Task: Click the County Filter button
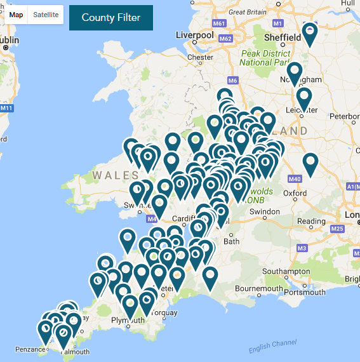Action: coord(111,17)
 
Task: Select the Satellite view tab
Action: coord(46,15)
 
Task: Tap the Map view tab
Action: coord(16,15)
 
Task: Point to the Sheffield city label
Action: coord(282,37)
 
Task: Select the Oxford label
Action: coord(295,193)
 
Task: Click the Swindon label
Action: coord(264,211)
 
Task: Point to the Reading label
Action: coord(311,222)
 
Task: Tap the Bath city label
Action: coord(232,241)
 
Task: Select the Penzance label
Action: coord(31,349)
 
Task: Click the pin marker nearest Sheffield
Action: coord(309,34)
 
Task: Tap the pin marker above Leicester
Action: coord(304,98)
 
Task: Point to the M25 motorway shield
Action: coord(337,229)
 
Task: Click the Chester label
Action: coord(200,57)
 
